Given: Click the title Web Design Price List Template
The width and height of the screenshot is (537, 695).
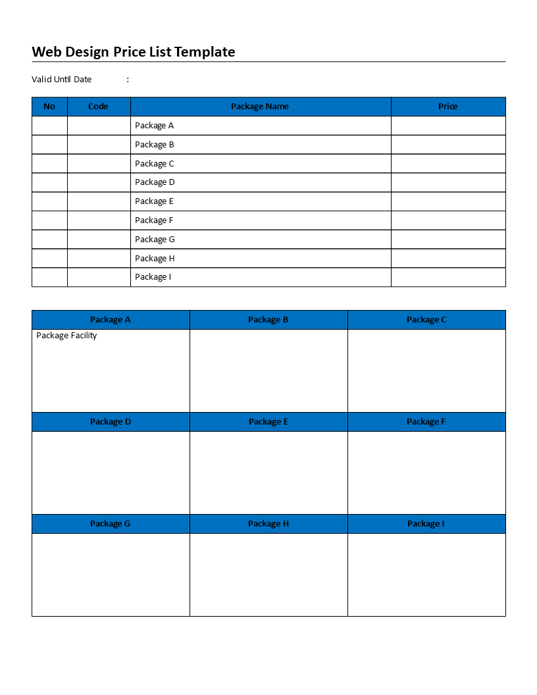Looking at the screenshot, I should pyautogui.click(x=133, y=52).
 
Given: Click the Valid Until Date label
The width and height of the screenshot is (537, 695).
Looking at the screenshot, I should pyautogui.click(x=62, y=80).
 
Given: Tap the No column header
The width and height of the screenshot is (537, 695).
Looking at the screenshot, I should pyautogui.click(x=49, y=107).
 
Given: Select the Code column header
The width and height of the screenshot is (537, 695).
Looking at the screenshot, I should pyautogui.click(x=98, y=107).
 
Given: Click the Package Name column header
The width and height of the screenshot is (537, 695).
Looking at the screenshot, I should pyautogui.click(x=260, y=107).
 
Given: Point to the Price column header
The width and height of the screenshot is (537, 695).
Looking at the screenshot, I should pyautogui.click(x=447, y=107).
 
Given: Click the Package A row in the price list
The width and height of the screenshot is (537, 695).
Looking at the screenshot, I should pyautogui.click(x=154, y=126).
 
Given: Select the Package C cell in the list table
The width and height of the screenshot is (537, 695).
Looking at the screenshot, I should pyautogui.click(x=154, y=164).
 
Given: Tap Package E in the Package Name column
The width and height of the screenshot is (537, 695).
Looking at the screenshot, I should pyautogui.click(x=154, y=201).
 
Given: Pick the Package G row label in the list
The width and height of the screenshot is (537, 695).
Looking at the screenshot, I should pyautogui.click(x=155, y=240).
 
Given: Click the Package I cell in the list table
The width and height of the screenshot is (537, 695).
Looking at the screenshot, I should pyautogui.click(x=153, y=277).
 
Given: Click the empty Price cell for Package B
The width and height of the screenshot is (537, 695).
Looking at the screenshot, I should pyautogui.click(x=447, y=145).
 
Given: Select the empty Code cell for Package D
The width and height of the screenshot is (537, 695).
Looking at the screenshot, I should pyautogui.click(x=99, y=182).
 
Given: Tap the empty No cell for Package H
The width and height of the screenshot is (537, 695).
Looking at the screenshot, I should pyautogui.click(x=49, y=259).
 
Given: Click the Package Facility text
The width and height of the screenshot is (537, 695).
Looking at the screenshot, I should pyautogui.click(x=66, y=336).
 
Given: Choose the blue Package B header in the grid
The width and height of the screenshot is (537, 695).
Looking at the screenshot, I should pyautogui.click(x=268, y=320).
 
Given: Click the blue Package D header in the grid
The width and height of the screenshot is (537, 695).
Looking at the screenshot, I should pyautogui.click(x=111, y=422).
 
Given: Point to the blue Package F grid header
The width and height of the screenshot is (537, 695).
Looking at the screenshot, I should pyautogui.click(x=426, y=422).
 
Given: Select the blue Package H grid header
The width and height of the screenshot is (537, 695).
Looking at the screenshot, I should pyautogui.click(x=268, y=524).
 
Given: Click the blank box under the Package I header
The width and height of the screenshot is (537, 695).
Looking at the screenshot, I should pyautogui.click(x=426, y=575).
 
